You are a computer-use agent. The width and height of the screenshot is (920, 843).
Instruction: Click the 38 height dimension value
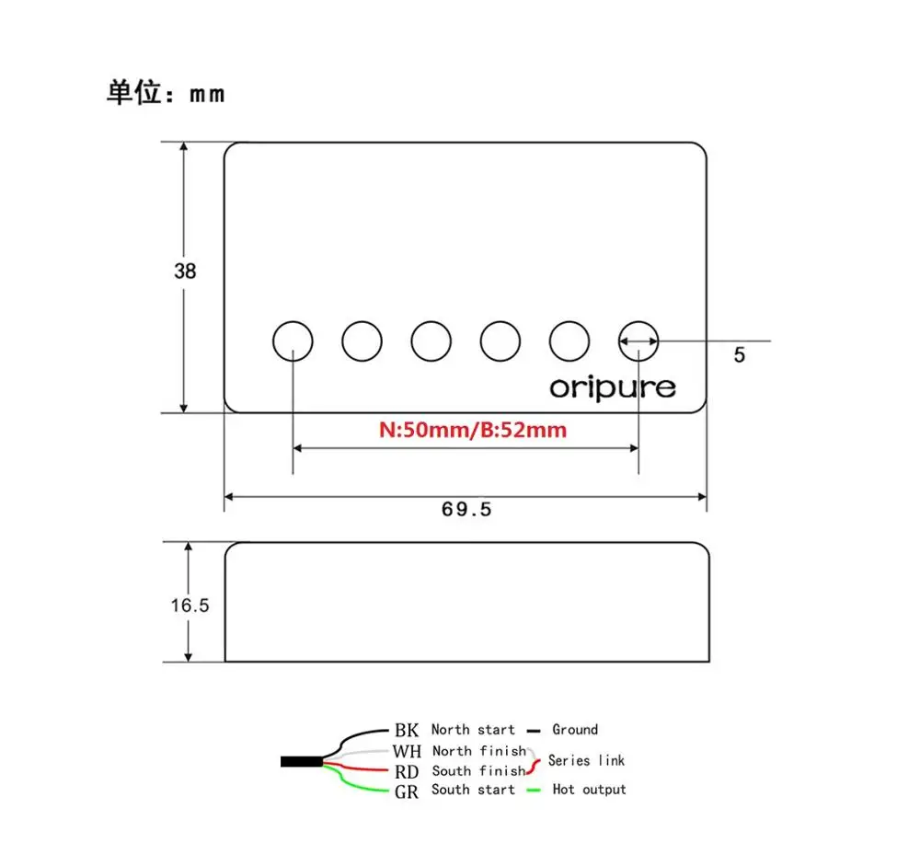(185, 271)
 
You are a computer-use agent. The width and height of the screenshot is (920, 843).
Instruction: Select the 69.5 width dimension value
(466, 509)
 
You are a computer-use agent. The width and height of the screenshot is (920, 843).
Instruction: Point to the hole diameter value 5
(740, 355)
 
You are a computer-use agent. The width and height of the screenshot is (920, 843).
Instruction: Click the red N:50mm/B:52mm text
(473, 430)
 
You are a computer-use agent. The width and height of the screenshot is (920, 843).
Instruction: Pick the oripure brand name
(613, 387)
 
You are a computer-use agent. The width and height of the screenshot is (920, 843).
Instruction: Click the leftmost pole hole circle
(293, 341)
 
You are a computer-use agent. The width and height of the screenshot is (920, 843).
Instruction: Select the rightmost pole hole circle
(638, 341)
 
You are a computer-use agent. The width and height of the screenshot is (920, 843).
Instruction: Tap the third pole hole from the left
(431, 341)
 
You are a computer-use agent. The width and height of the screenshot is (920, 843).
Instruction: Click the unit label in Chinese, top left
(166, 94)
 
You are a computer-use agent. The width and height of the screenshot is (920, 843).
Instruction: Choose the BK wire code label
(407, 731)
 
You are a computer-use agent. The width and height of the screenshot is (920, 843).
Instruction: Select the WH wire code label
(407, 752)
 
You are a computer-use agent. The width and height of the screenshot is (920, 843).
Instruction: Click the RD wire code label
(407, 771)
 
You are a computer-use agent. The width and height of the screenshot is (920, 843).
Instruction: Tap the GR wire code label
(407, 791)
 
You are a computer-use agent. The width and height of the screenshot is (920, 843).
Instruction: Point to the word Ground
(575, 730)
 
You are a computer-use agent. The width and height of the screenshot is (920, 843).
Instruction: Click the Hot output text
(589, 790)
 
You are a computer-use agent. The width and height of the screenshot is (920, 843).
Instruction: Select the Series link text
(586, 760)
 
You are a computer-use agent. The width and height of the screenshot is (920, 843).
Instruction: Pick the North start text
(473, 730)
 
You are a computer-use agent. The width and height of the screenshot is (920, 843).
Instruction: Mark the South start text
(473, 790)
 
